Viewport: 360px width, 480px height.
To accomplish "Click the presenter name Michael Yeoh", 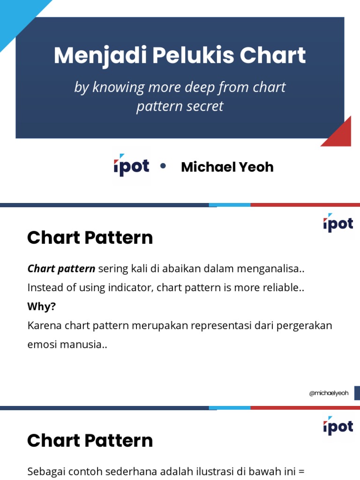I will [227, 167].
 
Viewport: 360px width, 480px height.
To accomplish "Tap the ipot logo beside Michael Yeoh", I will [131, 166].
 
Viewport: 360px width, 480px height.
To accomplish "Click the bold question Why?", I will [42, 306].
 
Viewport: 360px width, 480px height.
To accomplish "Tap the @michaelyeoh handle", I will [329, 393].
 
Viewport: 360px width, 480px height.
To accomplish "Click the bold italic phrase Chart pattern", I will [61, 269].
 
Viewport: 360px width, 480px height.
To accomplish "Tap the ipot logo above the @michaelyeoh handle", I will [337, 224].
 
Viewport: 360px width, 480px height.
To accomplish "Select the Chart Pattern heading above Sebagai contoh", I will [90, 441].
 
